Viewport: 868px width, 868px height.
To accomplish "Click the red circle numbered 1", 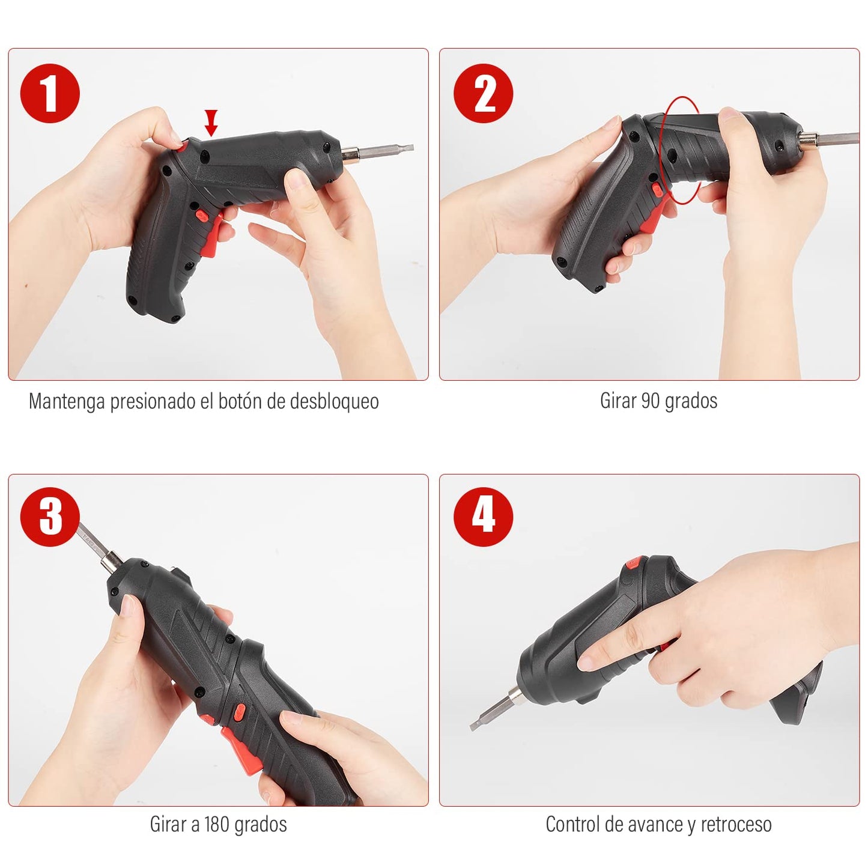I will click(50, 94).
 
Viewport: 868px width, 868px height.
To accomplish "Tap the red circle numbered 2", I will click(483, 94).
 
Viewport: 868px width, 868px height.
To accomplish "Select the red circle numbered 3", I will click(50, 516).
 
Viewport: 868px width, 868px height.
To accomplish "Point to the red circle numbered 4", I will click(483, 516).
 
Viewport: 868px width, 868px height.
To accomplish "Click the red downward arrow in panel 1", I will click(211, 123).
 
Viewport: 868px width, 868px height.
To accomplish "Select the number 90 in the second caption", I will click(651, 401).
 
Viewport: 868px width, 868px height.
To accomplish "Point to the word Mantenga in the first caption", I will click(67, 401).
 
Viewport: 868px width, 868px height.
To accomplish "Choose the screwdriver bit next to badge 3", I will click(96, 544).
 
